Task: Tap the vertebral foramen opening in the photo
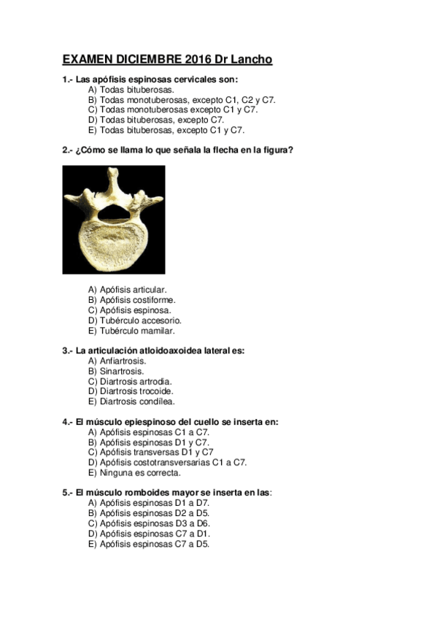(115, 212)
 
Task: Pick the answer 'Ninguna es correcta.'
(134, 472)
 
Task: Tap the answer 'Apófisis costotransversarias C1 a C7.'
(166, 462)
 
